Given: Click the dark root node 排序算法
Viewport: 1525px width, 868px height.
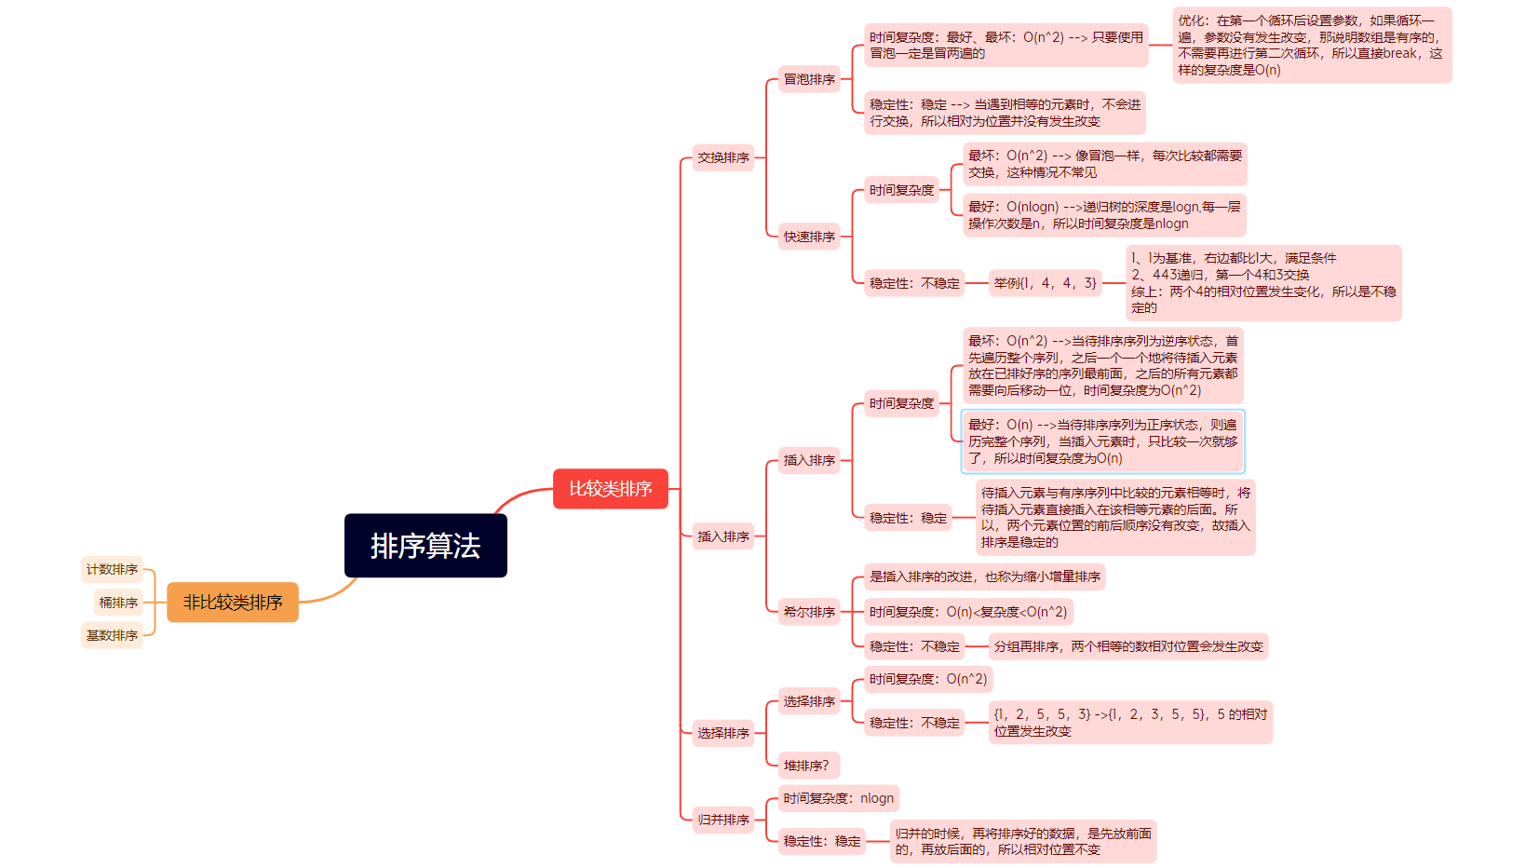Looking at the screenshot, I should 425,546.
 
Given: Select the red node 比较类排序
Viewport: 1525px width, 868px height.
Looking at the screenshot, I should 610,489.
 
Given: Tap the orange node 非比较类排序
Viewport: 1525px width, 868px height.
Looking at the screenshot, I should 233,603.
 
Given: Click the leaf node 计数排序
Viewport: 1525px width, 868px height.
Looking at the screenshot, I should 112,569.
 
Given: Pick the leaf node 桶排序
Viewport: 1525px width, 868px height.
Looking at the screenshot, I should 118,603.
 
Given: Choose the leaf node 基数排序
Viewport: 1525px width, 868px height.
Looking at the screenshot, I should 112,635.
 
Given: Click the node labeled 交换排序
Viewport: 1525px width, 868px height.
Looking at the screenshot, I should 723,157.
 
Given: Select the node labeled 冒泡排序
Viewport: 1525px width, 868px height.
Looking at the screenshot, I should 809,79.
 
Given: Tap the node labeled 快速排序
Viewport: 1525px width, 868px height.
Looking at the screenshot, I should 809,237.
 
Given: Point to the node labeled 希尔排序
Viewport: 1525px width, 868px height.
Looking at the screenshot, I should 809,612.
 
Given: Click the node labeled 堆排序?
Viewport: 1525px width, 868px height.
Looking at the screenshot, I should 806,766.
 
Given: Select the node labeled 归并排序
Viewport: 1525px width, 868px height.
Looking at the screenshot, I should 723,820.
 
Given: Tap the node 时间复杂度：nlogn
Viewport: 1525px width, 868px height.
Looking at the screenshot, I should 838,798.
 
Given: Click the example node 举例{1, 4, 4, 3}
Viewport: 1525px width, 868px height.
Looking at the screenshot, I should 1045,283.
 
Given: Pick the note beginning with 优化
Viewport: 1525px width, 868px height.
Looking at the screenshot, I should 1311,45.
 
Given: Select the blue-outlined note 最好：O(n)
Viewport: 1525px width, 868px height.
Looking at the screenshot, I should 1102,441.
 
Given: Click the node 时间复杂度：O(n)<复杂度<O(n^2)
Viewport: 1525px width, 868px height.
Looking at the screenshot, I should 968,612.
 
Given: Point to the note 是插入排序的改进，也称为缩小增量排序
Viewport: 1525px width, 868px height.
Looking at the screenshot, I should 984,576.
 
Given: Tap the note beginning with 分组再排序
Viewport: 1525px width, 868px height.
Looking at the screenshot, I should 1127,646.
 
